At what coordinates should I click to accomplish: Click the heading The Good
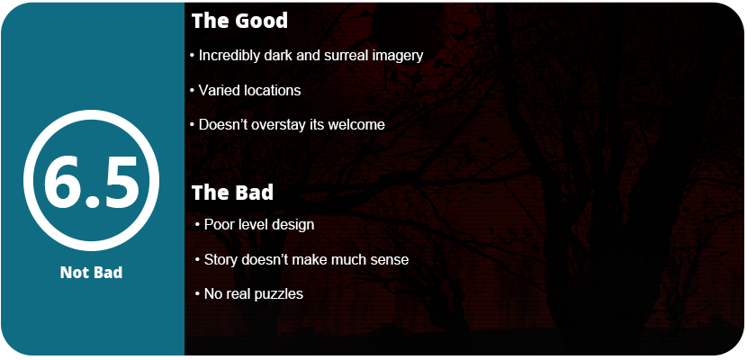(x=239, y=21)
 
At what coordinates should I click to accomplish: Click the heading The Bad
(x=232, y=193)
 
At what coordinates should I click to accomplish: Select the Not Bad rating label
(x=92, y=273)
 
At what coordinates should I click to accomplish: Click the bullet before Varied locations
(x=193, y=91)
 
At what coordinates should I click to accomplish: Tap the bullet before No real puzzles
(x=197, y=293)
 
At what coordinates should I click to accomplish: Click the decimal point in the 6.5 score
(x=93, y=202)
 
